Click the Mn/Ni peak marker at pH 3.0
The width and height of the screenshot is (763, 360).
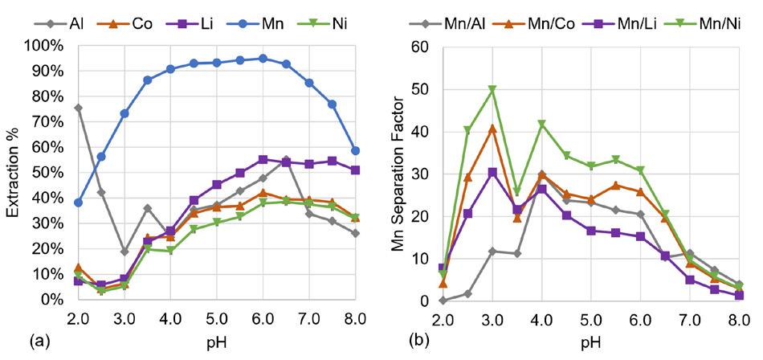(492, 90)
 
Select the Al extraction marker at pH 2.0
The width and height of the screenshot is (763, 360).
(79, 108)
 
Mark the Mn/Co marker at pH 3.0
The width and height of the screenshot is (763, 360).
(492, 129)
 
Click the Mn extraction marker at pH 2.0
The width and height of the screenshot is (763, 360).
(79, 202)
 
